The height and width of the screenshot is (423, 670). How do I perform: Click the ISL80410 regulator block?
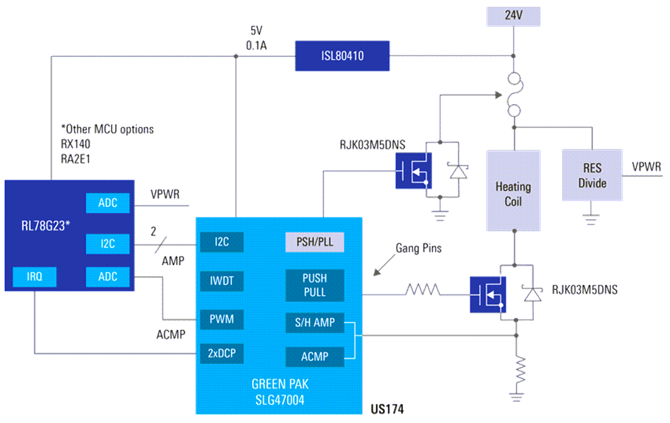click(x=342, y=55)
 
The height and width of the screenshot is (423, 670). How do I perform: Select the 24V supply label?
click(x=513, y=16)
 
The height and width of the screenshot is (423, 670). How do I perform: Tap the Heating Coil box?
click(x=513, y=190)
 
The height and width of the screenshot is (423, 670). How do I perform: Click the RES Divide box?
click(x=592, y=176)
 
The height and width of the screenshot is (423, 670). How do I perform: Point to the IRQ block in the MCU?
click(x=34, y=277)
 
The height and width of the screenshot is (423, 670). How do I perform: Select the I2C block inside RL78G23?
click(x=107, y=244)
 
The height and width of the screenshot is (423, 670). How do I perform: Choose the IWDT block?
click(x=222, y=281)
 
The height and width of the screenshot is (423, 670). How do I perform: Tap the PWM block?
click(x=222, y=319)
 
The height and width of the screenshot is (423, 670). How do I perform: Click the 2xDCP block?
click(x=222, y=352)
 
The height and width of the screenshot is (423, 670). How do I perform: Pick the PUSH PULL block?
click(x=314, y=285)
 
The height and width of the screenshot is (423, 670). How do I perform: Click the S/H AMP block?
click(x=314, y=323)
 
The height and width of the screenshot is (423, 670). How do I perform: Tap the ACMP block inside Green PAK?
click(x=314, y=356)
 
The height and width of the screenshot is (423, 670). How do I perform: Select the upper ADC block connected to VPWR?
click(x=107, y=203)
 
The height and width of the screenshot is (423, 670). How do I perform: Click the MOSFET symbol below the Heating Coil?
click(x=487, y=294)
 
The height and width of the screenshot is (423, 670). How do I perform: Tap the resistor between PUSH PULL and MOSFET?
click(x=423, y=290)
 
